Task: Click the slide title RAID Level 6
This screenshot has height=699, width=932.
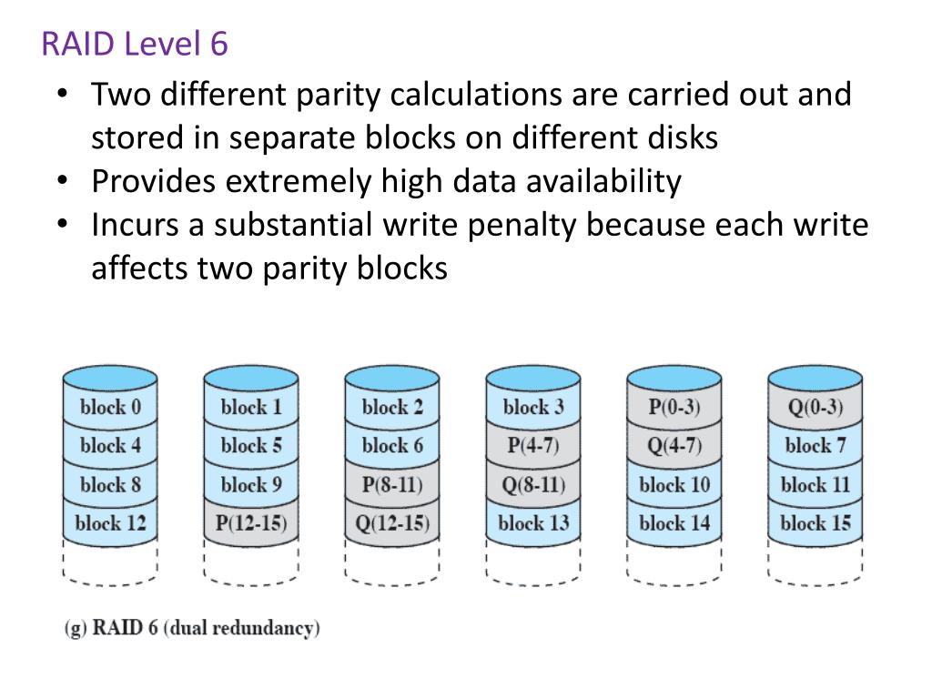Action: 135,44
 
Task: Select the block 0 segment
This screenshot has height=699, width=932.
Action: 110,407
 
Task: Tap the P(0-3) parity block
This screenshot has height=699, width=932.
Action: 674,407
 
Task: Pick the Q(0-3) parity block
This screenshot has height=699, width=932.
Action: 815,407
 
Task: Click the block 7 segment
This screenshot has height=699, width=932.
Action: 815,446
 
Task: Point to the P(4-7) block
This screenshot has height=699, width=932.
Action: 533,446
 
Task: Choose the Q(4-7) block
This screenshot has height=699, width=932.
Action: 674,446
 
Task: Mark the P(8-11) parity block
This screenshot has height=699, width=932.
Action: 392,484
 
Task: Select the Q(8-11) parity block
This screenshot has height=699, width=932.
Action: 533,484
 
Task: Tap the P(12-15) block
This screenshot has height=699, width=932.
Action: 251,523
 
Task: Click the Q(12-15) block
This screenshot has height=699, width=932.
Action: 392,523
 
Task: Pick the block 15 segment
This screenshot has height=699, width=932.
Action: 815,523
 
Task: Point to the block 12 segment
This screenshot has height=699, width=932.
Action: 110,523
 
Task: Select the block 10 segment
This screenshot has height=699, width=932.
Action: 674,484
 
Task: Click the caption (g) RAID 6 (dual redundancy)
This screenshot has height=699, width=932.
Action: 192,628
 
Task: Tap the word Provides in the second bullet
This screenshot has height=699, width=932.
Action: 153,181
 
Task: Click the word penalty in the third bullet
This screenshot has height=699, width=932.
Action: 522,225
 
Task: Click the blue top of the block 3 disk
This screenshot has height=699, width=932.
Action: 533,377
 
